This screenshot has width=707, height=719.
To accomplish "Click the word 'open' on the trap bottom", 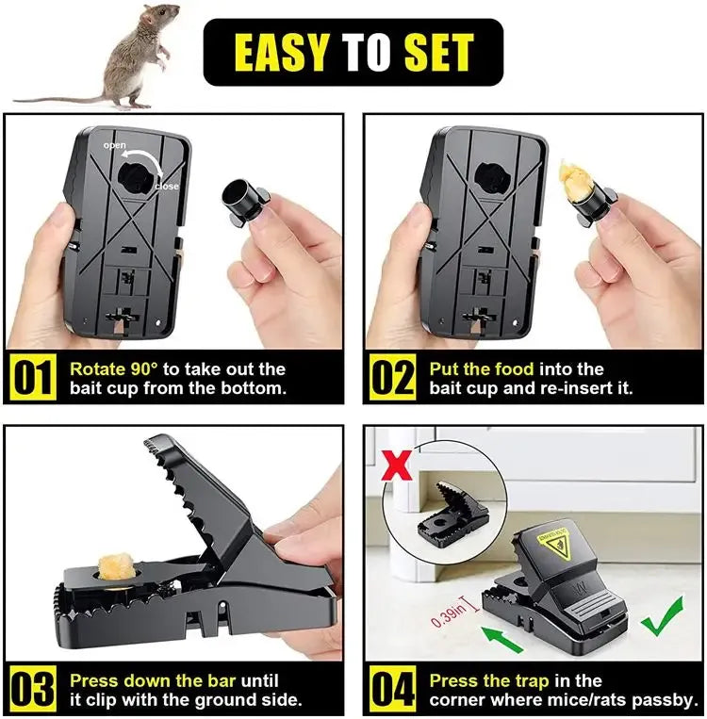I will pyautogui.click(x=114, y=145).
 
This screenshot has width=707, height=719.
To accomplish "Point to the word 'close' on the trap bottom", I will pyautogui.click(x=166, y=187).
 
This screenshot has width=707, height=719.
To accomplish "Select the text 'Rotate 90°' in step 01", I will pyautogui.click(x=109, y=368).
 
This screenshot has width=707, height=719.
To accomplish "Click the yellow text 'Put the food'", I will pyautogui.click(x=481, y=368).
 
